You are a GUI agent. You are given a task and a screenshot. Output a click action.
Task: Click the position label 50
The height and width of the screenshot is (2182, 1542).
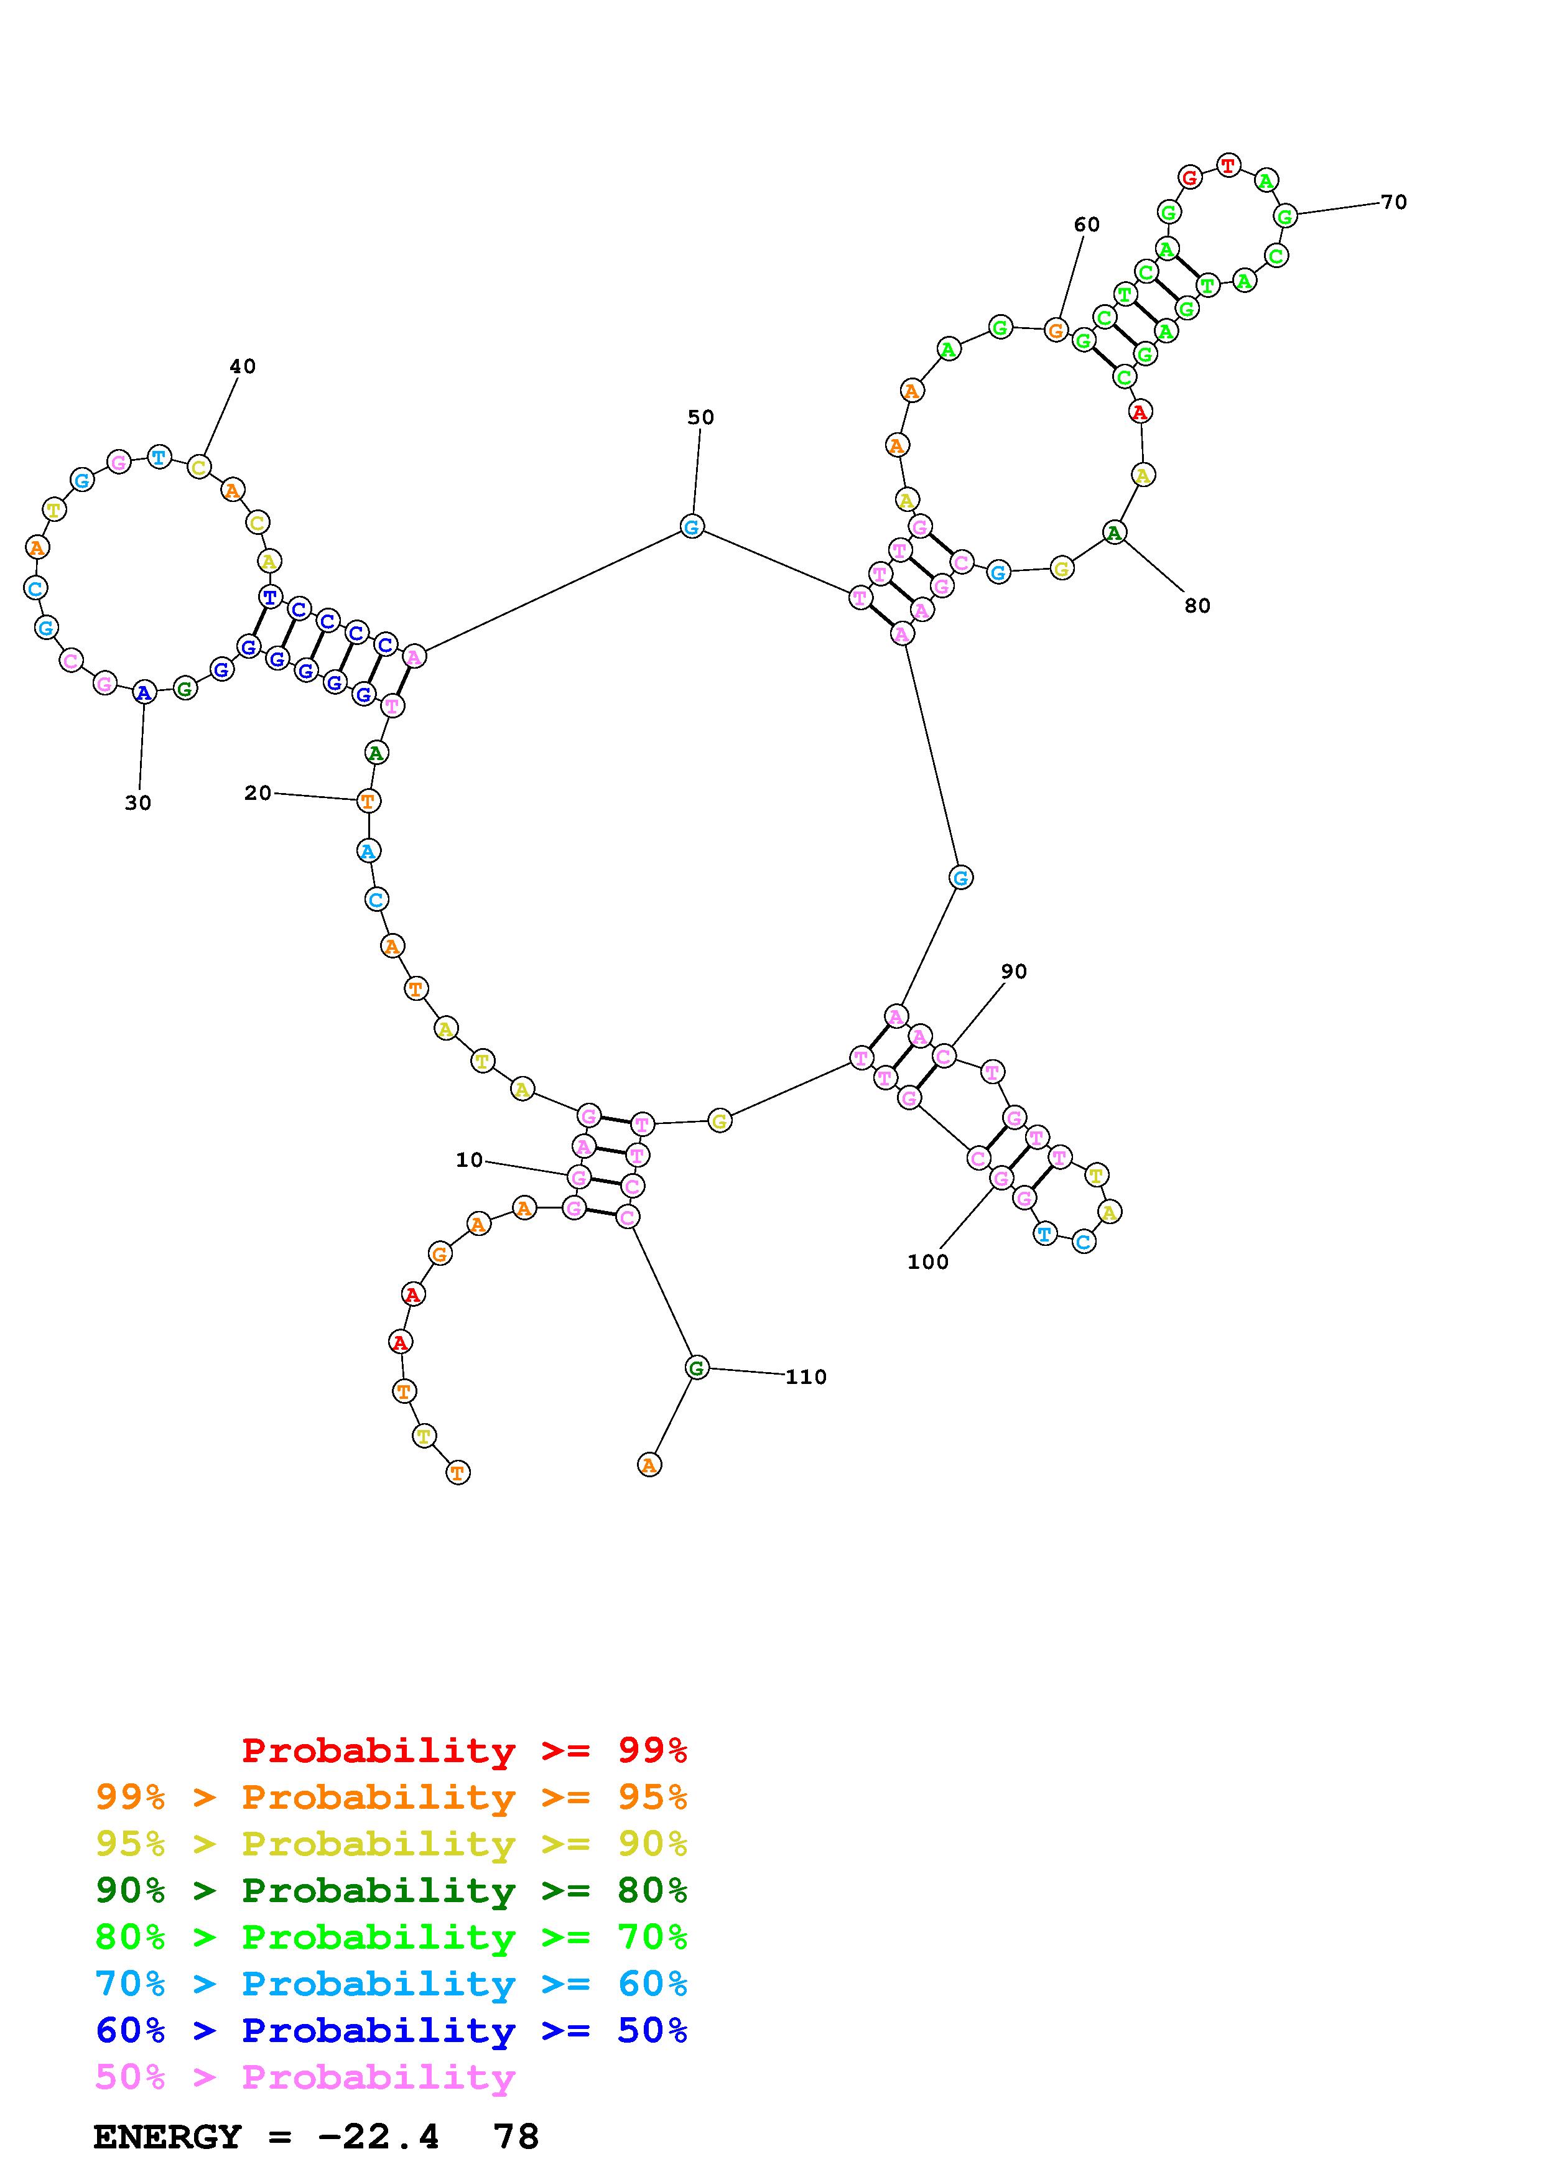[700, 417]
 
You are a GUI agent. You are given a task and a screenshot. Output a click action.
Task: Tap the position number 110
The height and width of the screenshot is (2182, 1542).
[806, 1377]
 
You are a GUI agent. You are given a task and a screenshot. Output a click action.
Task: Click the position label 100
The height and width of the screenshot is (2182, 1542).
[927, 1262]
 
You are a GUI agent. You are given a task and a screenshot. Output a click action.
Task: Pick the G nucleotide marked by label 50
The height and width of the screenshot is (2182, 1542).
[692, 526]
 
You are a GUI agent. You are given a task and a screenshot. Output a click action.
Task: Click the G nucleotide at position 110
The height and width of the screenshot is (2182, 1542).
[697, 1368]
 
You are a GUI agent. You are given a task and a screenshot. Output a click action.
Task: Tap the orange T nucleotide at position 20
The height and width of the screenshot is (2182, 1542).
[369, 801]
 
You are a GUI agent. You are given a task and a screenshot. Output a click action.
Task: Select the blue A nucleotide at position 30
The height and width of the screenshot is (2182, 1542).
[144, 693]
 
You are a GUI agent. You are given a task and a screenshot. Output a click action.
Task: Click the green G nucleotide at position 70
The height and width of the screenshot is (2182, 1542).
[1284, 216]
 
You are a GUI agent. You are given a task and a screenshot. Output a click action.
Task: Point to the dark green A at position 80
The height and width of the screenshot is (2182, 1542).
[1115, 532]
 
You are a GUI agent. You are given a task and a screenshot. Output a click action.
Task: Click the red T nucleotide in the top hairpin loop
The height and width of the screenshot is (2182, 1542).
[1228, 165]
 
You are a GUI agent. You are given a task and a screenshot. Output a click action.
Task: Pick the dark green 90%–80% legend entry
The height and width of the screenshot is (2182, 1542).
[391, 1890]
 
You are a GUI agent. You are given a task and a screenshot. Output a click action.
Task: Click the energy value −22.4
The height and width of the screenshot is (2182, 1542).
[378, 2137]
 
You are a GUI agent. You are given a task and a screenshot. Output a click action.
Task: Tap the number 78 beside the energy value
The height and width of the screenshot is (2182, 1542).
[516, 2137]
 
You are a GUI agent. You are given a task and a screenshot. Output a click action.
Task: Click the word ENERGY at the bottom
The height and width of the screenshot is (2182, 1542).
[167, 2137]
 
